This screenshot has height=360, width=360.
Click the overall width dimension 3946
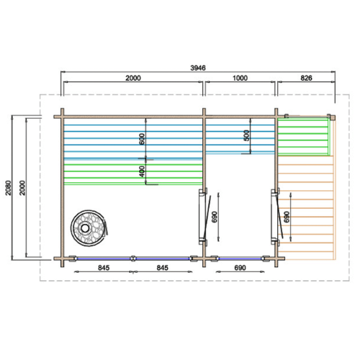click(x=198, y=68)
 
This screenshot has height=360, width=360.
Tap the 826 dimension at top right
click(x=306, y=78)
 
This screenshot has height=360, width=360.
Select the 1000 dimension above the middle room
click(x=240, y=78)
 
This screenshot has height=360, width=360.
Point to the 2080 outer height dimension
click(x=9, y=188)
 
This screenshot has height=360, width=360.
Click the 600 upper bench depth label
click(x=142, y=139)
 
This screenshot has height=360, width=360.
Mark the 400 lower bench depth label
click(x=142, y=171)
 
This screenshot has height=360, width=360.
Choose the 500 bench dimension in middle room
click(x=246, y=135)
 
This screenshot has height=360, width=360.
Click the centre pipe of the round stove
click(x=85, y=228)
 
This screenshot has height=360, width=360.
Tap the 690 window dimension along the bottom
click(x=240, y=268)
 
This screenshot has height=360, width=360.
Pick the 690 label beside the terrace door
click(x=287, y=217)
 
